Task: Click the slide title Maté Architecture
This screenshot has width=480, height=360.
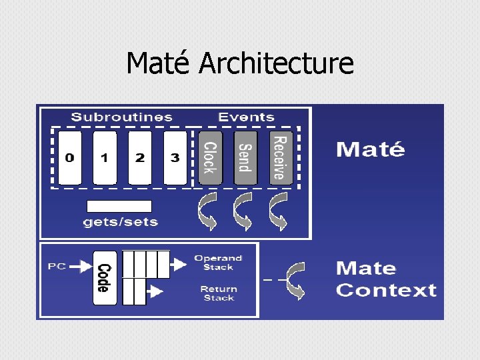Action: click(240, 64)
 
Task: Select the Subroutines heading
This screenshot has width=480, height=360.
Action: click(121, 117)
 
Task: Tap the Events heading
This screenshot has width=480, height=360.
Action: click(246, 117)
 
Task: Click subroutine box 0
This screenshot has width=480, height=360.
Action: click(70, 158)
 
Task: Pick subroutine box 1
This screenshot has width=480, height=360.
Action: click(105, 158)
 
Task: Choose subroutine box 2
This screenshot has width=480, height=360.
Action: click(140, 158)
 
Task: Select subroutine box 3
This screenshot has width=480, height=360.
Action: click(175, 158)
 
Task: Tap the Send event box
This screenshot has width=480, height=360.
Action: click(245, 158)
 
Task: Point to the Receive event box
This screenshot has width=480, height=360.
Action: click(281, 157)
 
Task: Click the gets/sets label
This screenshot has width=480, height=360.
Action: click(120, 222)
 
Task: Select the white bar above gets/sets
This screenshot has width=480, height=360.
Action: click(119, 207)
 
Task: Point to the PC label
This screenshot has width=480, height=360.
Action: click(57, 267)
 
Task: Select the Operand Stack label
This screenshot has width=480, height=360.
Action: click(218, 263)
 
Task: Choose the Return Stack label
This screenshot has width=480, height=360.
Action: click(218, 293)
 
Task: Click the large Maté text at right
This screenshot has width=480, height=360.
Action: click(370, 149)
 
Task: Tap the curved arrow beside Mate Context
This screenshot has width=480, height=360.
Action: click(295, 280)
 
